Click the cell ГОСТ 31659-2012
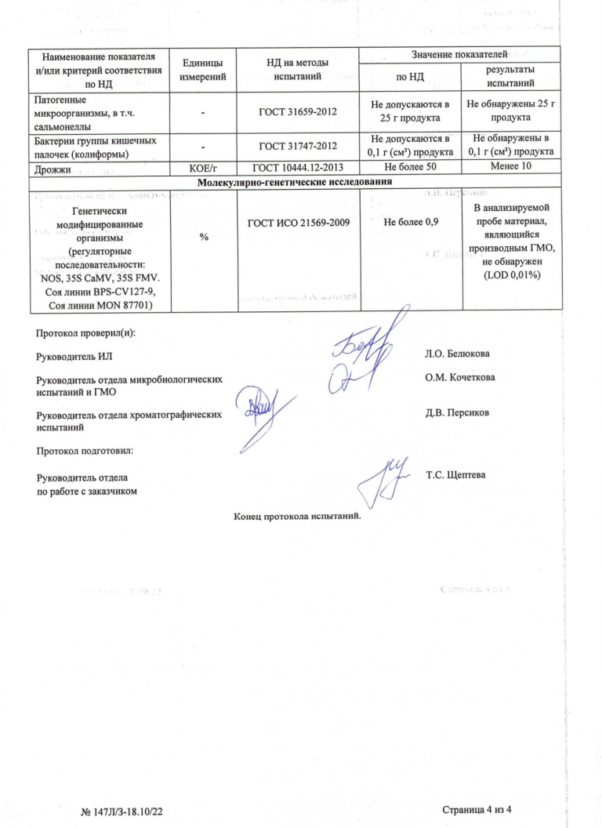pyautogui.click(x=298, y=112)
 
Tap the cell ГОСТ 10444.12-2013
pyautogui.click(x=298, y=169)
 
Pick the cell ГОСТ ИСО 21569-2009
pyautogui.click(x=298, y=223)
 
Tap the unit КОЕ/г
pyautogui.click(x=203, y=169)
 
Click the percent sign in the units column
pyautogui.click(x=203, y=238)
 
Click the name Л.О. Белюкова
pyautogui.click(x=458, y=354)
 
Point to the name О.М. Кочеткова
pyautogui.click(x=459, y=376)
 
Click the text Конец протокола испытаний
pyautogui.click(x=297, y=516)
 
